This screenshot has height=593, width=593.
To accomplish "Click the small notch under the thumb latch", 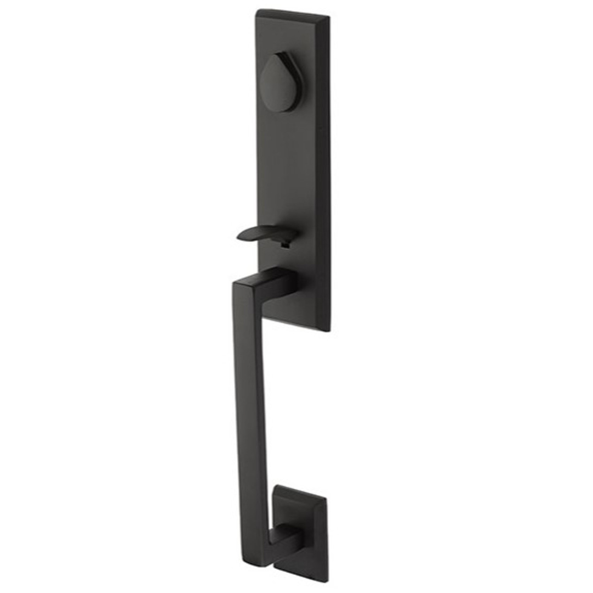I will pyautogui.click(x=284, y=245).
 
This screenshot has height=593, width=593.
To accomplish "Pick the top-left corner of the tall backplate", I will pyautogui.click(x=257, y=10).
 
